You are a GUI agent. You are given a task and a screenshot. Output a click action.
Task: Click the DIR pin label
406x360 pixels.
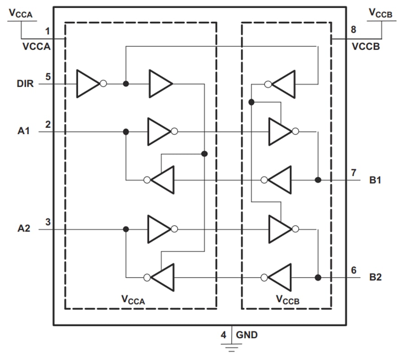(25, 84)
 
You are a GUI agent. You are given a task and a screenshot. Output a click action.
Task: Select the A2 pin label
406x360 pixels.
(24, 229)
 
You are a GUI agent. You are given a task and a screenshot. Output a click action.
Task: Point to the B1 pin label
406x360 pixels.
(375, 180)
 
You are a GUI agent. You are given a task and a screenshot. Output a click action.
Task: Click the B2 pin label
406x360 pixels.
(375, 277)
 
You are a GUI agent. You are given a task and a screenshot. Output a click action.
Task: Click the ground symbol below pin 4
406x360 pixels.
(232, 347)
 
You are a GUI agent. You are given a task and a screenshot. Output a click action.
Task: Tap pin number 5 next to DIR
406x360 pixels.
(48, 77)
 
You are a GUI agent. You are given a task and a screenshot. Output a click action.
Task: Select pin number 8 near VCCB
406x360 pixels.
(353, 30)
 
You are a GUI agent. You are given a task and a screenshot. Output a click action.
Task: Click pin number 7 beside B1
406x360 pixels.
(354, 173)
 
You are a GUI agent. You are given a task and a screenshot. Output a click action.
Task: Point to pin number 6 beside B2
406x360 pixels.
(354, 270)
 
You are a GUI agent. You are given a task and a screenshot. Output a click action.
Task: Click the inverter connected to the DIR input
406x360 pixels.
(89, 84)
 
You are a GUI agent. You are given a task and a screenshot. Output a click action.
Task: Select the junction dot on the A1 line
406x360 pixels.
(126, 132)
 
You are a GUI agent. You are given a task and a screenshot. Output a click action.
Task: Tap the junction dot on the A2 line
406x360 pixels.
(126, 229)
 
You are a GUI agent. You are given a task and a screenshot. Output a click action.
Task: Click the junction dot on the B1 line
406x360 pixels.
(318, 180)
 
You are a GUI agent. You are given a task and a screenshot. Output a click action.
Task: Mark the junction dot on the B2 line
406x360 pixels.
(318, 277)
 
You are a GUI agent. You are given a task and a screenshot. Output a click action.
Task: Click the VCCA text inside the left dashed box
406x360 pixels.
(133, 299)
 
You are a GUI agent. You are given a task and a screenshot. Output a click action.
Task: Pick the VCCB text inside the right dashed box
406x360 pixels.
(287, 299)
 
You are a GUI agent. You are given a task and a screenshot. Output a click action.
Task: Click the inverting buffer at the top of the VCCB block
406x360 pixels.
(282, 84)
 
